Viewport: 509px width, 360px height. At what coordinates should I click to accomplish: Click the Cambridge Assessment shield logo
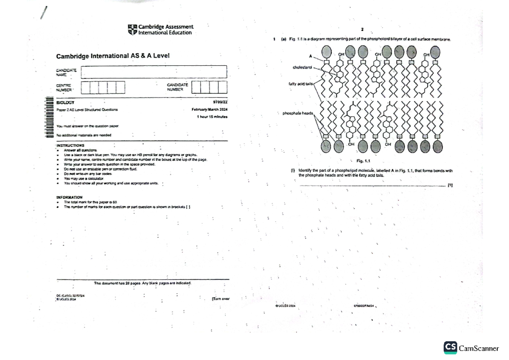click(132, 30)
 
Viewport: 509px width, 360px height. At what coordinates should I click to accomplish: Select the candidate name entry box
click(154, 72)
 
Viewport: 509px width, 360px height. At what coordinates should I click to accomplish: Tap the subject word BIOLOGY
click(65, 102)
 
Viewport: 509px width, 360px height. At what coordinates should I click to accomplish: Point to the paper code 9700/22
click(221, 102)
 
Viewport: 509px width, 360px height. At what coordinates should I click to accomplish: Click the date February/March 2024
click(210, 110)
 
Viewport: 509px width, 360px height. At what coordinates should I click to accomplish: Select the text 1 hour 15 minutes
click(212, 117)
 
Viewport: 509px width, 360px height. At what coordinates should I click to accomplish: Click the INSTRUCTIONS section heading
click(70, 145)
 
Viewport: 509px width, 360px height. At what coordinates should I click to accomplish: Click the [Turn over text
click(221, 299)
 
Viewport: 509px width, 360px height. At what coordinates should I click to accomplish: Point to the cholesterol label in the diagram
click(302, 67)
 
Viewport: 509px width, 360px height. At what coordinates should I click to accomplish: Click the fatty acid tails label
click(300, 84)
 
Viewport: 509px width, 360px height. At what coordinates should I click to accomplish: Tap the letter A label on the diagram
click(310, 56)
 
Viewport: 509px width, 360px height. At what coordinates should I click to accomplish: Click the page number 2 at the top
click(362, 30)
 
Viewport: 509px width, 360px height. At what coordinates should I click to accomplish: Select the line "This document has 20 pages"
click(143, 283)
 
